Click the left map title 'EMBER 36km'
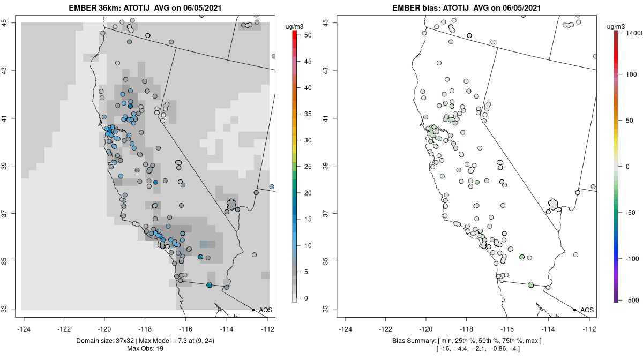[95, 8]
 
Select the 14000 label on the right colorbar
[630, 33]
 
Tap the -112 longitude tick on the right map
[589, 328]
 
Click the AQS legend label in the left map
[265, 310]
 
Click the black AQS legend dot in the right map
[574, 310]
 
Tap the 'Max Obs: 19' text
[145, 349]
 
